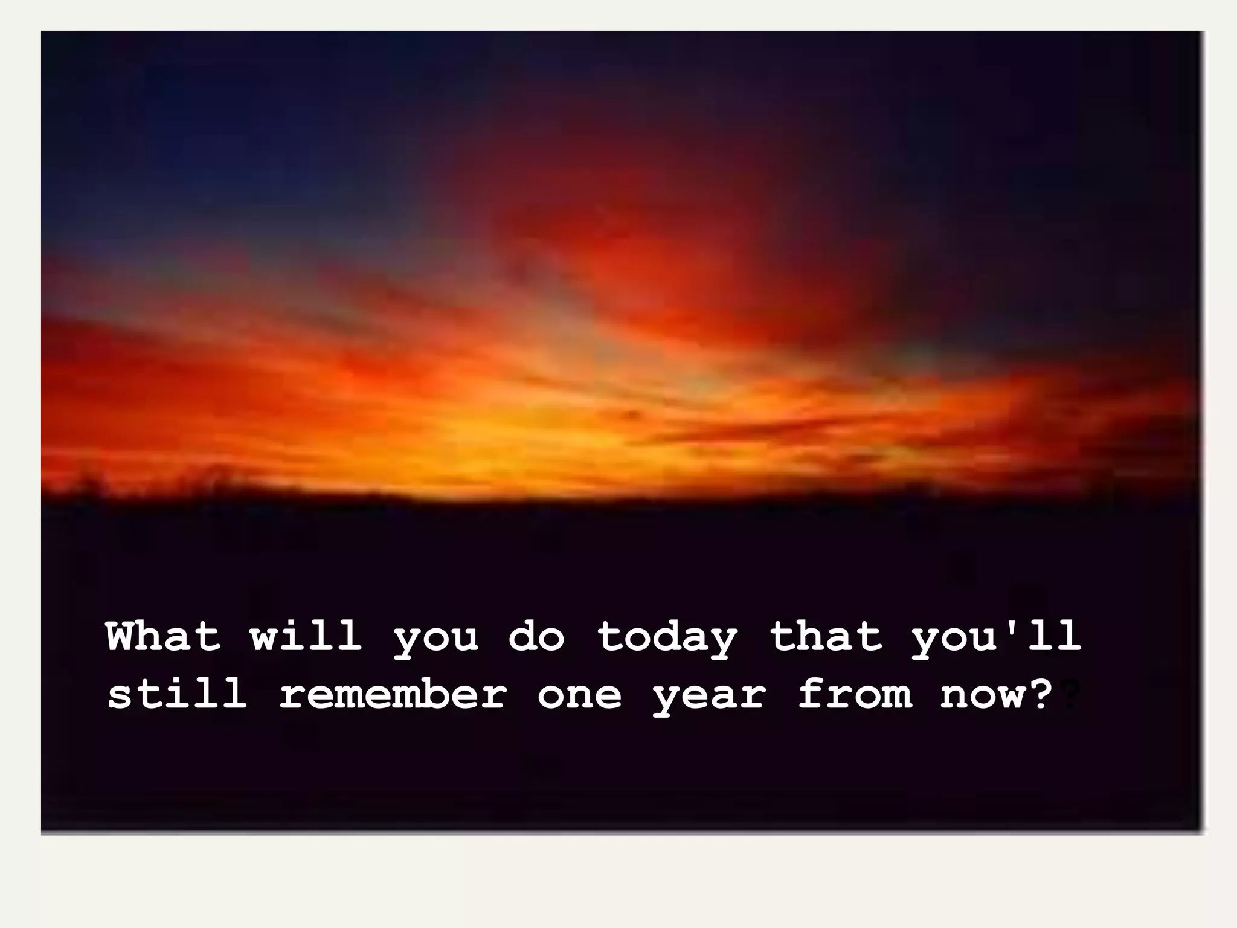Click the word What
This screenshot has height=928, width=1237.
pyautogui.click(x=163, y=636)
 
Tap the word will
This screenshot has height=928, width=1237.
pyautogui.click(x=306, y=636)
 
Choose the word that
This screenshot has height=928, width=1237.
pyautogui.click(x=825, y=636)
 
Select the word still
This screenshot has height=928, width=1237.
pyautogui.click(x=178, y=694)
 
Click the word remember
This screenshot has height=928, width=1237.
pyautogui.click(x=393, y=694)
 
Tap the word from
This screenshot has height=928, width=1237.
pyautogui.click(x=854, y=694)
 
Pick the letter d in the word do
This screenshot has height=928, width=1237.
pyautogui.click(x=522, y=636)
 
